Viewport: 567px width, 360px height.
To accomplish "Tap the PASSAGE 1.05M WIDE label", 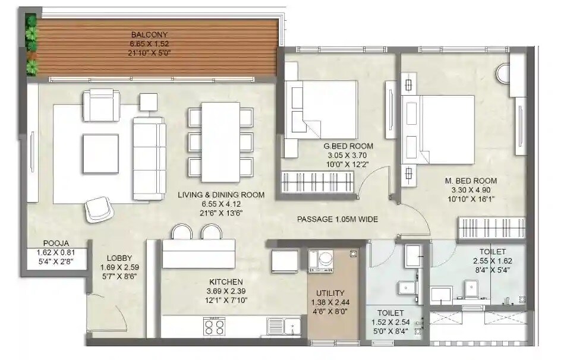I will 338,219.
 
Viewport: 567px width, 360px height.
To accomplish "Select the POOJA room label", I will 56,243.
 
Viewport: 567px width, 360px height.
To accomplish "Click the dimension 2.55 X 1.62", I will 492,261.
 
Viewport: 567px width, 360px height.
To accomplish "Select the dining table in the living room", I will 220,142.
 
